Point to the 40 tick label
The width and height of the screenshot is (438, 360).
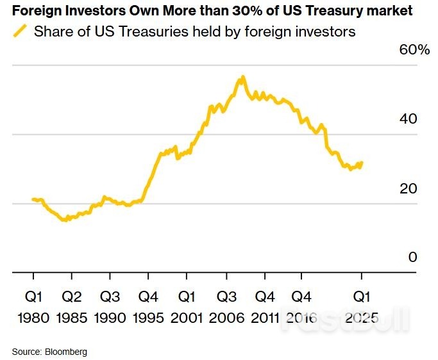[x=408, y=119]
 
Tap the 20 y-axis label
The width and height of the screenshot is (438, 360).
[x=408, y=188]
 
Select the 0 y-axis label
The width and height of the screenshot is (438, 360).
[x=412, y=257]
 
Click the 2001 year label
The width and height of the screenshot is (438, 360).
[x=187, y=318]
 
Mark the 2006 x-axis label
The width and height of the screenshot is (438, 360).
[x=226, y=318]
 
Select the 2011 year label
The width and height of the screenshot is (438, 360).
[x=264, y=318]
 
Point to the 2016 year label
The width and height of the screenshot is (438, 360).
[x=302, y=318]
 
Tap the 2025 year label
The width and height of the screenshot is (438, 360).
[x=361, y=318]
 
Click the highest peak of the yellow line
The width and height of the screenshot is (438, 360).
[x=242, y=78]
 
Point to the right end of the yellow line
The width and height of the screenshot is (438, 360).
[x=362, y=163]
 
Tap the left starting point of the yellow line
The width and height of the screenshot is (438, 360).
[x=33, y=200]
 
